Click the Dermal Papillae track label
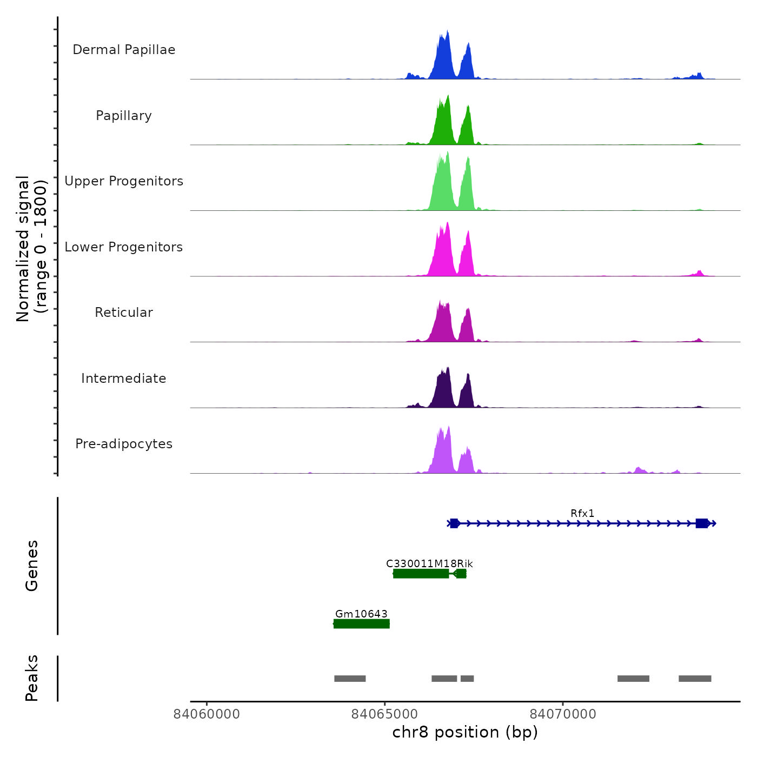pyautogui.click(x=124, y=50)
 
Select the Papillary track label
pyautogui.click(x=124, y=116)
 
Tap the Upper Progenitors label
pyautogui.click(x=124, y=181)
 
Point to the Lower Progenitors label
pyautogui.click(x=124, y=247)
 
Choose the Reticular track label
pyautogui.click(x=124, y=313)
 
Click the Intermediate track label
pyautogui.click(x=124, y=378)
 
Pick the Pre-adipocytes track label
pyautogui.click(x=124, y=444)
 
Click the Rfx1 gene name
pyautogui.click(x=582, y=513)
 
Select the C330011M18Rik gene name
pyautogui.click(x=429, y=563)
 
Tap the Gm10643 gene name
pyautogui.click(x=361, y=614)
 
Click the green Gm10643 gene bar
pyautogui.click(x=361, y=624)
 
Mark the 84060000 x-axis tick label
pyautogui.click(x=207, y=714)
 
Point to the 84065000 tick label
pyautogui.click(x=384, y=714)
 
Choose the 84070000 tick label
pyautogui.click(x=563, y=714)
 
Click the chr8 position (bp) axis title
pyautogui.click(x=465, y=732)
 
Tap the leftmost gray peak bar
pyautogui.click(x=350, y=679)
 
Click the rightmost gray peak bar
pyautogui.click(x=695, y=679)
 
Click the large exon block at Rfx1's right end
pyautogui.click(x=702, y=523)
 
